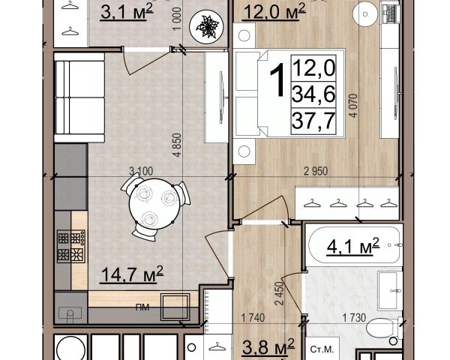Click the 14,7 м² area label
(x=132, y=274)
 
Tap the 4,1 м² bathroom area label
(x=353, y=246)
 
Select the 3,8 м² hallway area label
(x=268, y=346)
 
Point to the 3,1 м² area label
(x=127, y=12)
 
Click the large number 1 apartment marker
(x=277, y=79)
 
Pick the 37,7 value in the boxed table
(x=313, y=121)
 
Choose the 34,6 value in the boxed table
(x=313, y=94)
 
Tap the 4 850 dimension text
(x=178, y=145)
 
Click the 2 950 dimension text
(x=316, y=172)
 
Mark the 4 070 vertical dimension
(x=353, y=105)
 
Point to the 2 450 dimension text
(x=279, y=293)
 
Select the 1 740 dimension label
(x=253, y=318)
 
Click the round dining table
(x=154, y=204)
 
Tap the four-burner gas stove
(x=71, y=246)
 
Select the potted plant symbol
(x=206, y=27)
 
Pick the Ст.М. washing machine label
(x=322, y=349)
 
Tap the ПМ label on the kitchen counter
(x=142, y=307)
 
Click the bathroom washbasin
(x=390, y=291)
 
